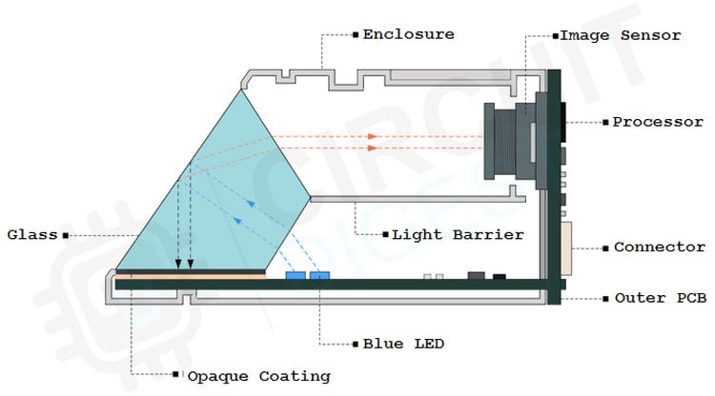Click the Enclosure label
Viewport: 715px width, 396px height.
pos(408,35)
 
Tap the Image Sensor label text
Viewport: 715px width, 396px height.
pos(621,35)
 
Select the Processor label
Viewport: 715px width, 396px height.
pos(657,122)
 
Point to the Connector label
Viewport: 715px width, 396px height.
pos(659,247)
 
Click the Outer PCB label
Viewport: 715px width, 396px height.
pos(660,299)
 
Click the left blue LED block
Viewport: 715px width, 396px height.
pos(296,275)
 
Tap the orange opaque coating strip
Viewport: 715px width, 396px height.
pos(191,273)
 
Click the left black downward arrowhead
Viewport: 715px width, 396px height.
pos(178,265)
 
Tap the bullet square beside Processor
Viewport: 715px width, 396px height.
pos(605,122)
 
